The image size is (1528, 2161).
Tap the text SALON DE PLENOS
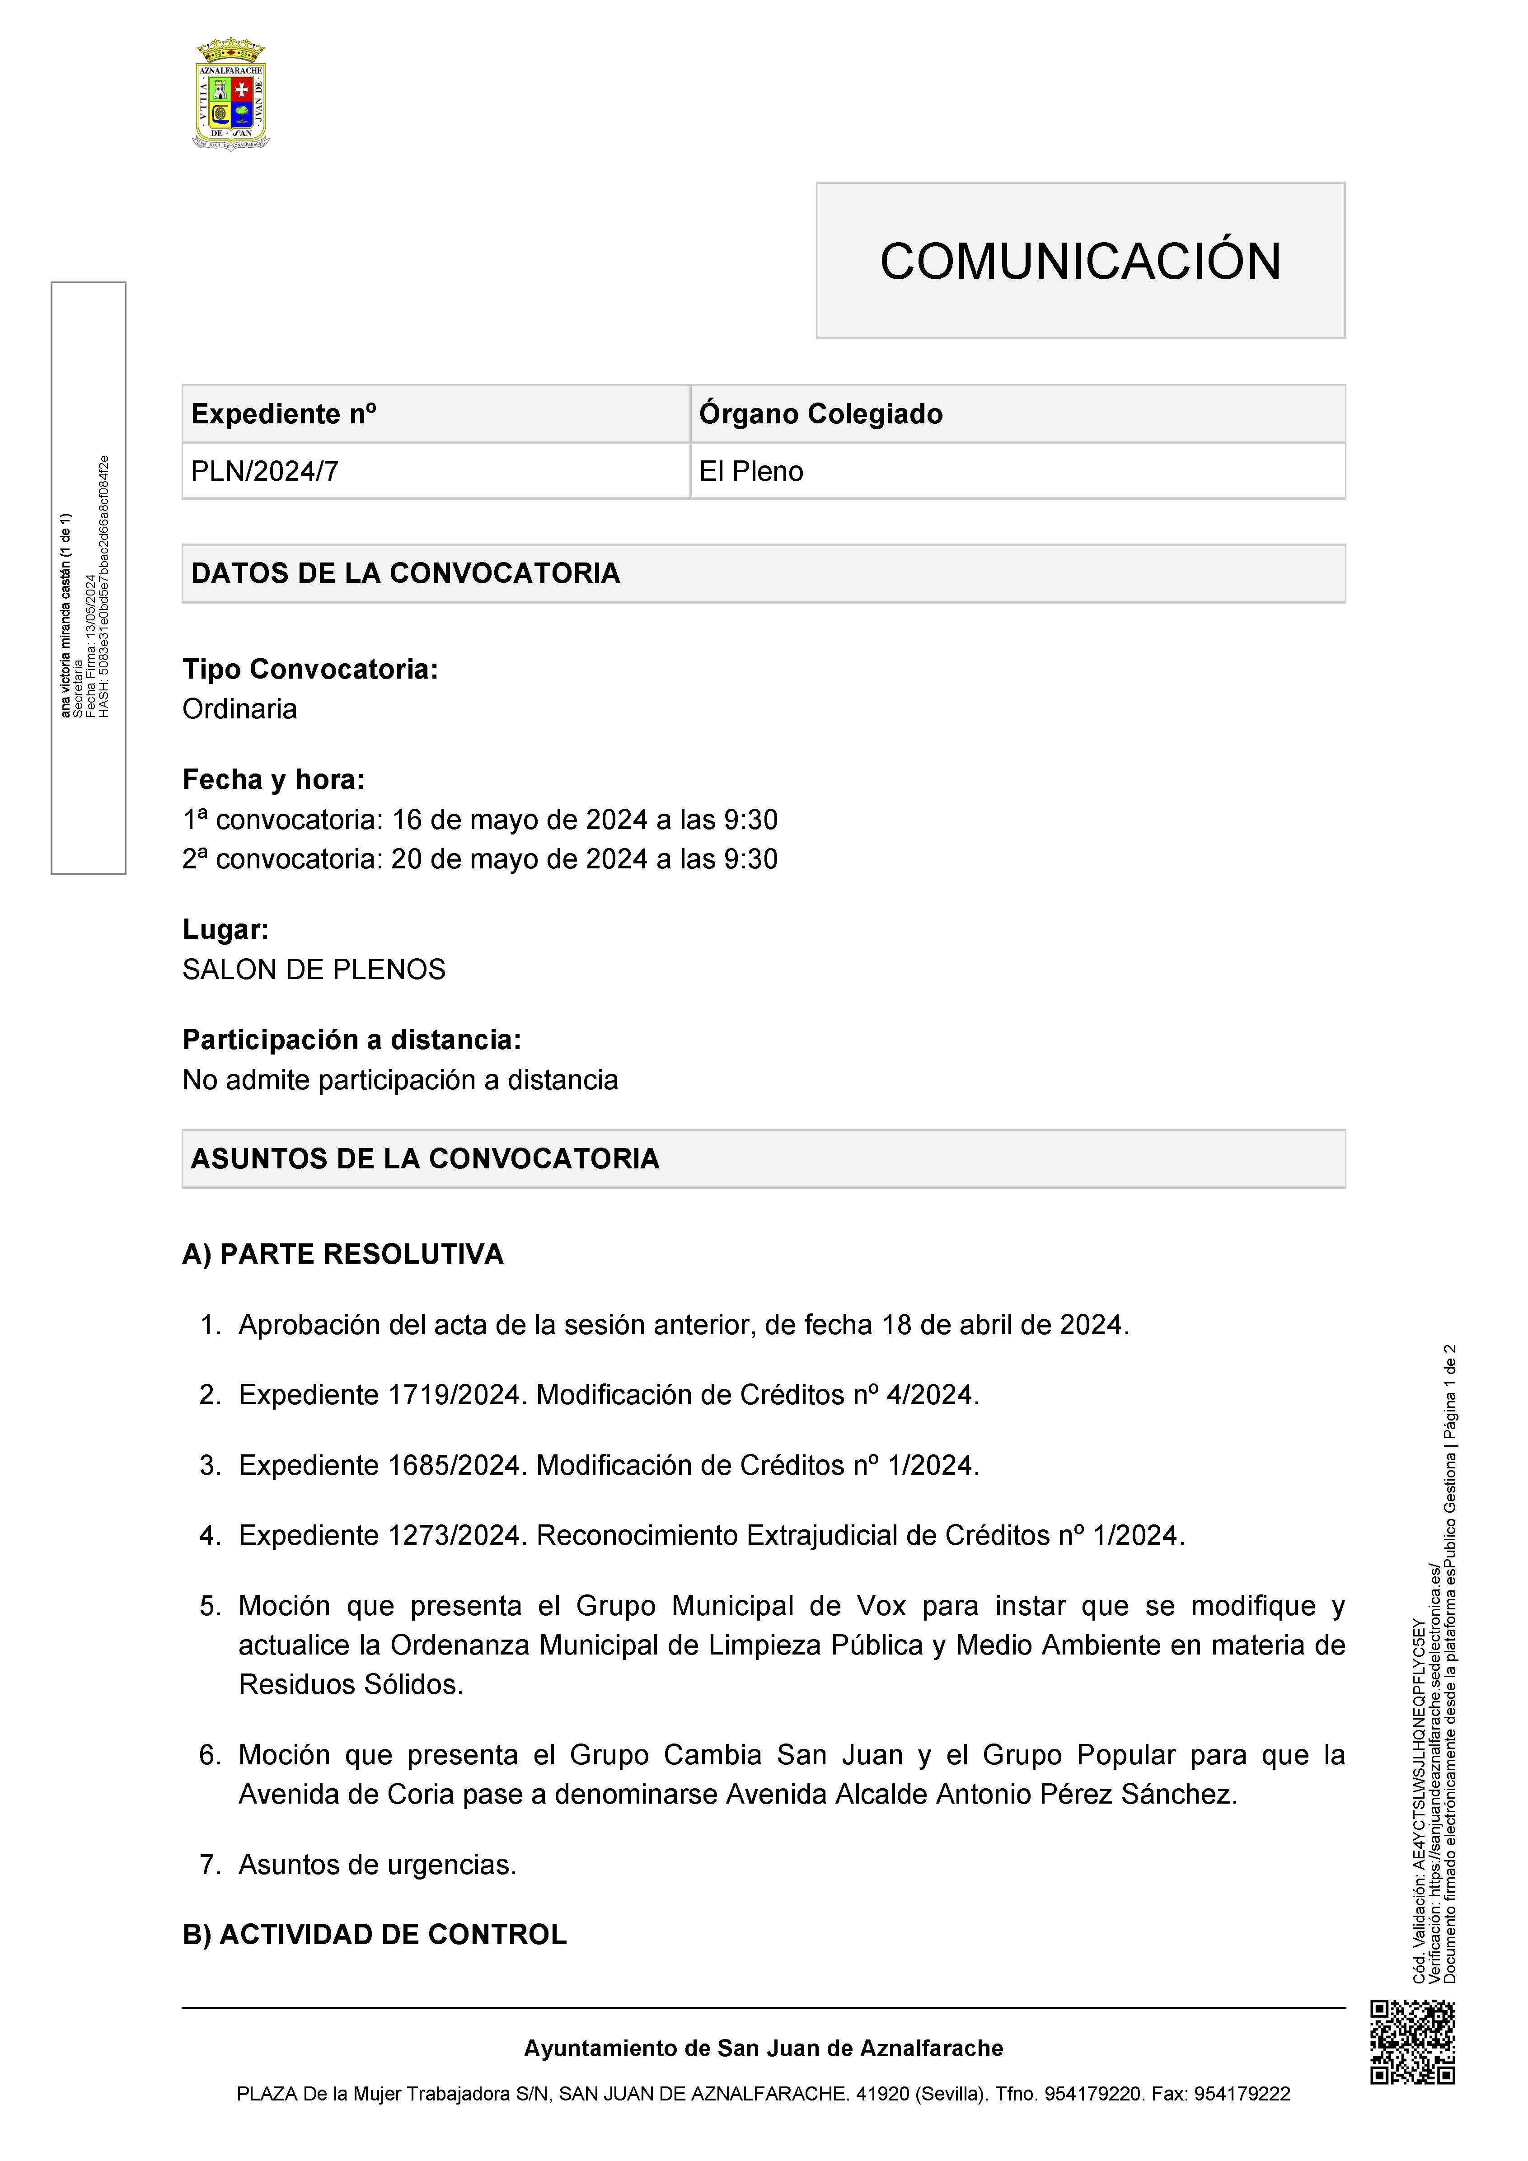pyautogui.click(x=314, y=970)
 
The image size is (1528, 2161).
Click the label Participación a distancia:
pyautogui.click(x=351, y=1040)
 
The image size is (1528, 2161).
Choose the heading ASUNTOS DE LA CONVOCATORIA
pyautogui.click(x=425, y=1158)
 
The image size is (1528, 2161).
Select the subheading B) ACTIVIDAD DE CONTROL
pyautogui.click(x=374, y=1934)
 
